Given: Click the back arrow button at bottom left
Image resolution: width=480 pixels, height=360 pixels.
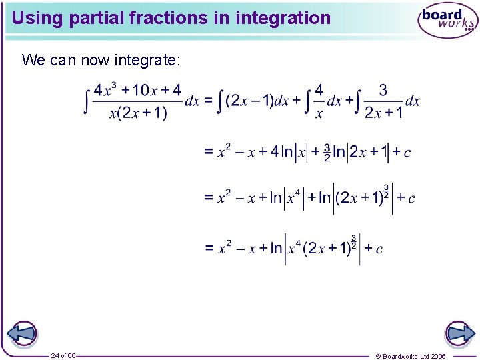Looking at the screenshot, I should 21,333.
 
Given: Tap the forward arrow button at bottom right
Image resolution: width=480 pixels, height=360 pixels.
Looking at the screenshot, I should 459,333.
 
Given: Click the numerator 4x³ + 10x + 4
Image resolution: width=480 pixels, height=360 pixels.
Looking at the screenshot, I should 137,90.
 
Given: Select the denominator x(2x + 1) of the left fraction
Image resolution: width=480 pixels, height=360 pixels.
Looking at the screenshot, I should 138,113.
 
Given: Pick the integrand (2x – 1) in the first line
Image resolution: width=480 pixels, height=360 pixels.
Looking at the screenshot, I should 249,101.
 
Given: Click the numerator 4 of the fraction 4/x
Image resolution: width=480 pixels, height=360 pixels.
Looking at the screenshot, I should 319,89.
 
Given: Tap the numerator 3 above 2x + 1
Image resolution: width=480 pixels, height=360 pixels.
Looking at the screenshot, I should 383,89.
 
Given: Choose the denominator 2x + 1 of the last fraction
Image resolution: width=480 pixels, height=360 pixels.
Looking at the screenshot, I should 383,113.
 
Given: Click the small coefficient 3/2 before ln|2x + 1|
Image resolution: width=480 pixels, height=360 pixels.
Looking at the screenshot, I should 327,152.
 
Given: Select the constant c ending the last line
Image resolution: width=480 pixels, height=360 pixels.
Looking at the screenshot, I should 379,249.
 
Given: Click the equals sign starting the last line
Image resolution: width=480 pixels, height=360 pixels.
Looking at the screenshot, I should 209,249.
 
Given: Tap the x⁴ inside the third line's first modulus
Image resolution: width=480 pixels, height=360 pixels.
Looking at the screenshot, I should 293,197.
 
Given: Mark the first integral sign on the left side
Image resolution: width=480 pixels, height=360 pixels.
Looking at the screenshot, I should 87,101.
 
